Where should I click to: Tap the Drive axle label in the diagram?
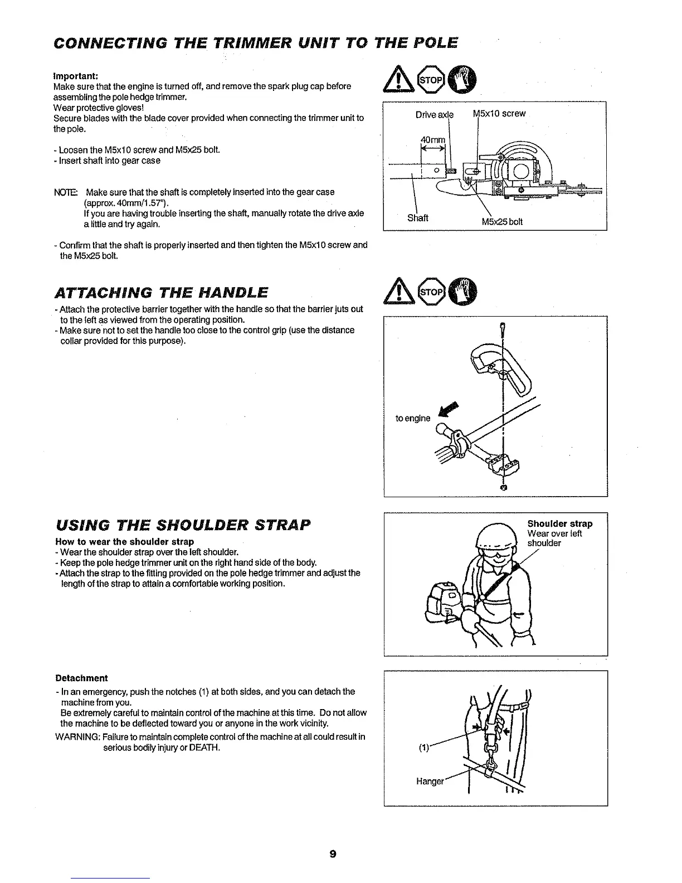[x=435, y=115]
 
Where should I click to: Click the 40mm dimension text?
[x=433, y=140]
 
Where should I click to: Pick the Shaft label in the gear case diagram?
[x=417, y=218]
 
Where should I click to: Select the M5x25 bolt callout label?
[x=502, y=222]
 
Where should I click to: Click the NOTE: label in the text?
[x=65, y=192]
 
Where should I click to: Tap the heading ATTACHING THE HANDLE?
[x=161, y=293]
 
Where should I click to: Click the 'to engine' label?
[x=413, y=418]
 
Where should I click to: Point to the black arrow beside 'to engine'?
[x=449, y=409]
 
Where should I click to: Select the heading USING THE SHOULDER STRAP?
[x=183, y=525]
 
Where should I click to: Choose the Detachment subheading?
[x=81, y=678]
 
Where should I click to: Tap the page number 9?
[x=333, y=854]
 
